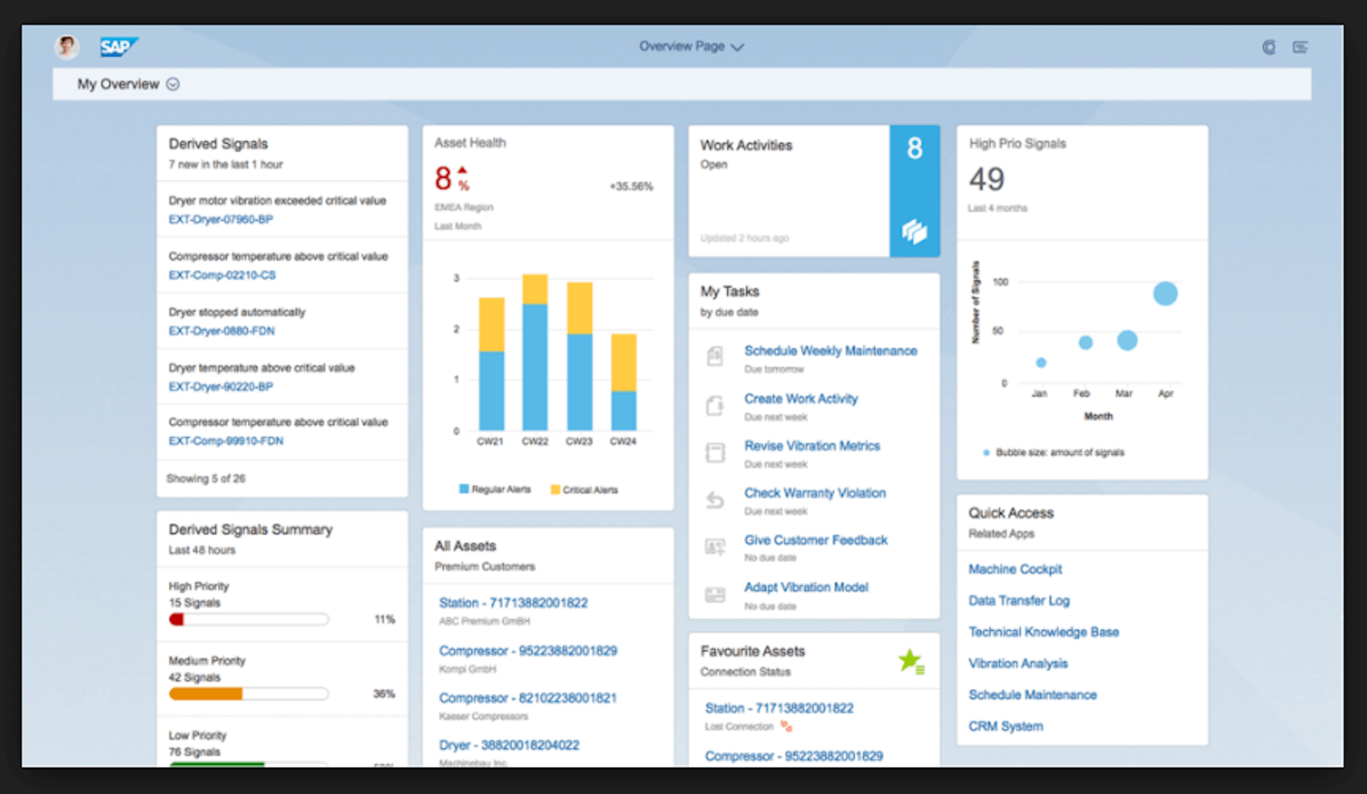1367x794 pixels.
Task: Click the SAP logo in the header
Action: (x=118, y=47)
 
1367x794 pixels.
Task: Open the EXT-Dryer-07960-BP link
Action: (x=221, y=220)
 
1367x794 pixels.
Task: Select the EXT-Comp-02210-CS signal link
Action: (x=221, y=275)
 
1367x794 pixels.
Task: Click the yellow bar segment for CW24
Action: (x=623, y=363)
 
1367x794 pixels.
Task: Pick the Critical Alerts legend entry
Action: (x=584, y=490)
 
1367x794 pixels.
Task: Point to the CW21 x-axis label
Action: (x=490, y=441)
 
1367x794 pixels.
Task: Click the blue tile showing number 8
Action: (x=914, y=191)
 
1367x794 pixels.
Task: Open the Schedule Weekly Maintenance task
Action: (x=830, y=351)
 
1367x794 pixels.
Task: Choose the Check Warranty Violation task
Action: (x=815, y=493)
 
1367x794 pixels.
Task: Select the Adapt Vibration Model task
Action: (x=806, y=588)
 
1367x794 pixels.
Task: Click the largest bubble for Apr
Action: (x=1165, y=294)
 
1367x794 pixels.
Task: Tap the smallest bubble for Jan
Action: (x=1041, y=363)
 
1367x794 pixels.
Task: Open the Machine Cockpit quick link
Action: (x=1015, y=570)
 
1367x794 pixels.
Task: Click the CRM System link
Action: (x=1005, y=727)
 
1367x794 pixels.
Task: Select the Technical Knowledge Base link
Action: (x=1043, y=633)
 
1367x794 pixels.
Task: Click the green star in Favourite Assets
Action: (x=910, y=660)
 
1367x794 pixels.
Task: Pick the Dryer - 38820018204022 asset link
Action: (x=509, y=746)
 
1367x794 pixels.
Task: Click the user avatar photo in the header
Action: (x=67, y=46)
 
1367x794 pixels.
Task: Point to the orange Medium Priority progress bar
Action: (x=206, y=695)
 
